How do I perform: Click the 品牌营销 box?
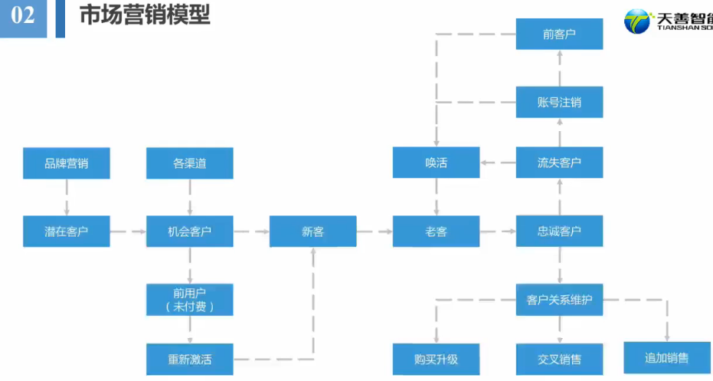tap(66, 163)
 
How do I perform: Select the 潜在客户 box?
tap(66, 231)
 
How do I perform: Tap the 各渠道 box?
tap(189, 163)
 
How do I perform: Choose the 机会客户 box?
tap(189, 231)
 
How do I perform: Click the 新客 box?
tap(312, 231)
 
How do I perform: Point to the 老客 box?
tap(436, 231)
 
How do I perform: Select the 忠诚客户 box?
tap(559, 231)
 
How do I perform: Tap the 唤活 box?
tap(436, 163)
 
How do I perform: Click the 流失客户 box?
tap(559, 163)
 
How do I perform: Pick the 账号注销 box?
tap(559, 102)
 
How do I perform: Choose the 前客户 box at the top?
tap(559, 34)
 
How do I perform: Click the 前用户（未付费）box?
tap(189, 299)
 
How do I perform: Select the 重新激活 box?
tap(189, 359)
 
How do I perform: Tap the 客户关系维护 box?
tap(559, 299)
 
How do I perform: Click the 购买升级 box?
tap(436, 359)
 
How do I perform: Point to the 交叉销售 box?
tap(559, 359)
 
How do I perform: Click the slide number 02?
tap(23, 15)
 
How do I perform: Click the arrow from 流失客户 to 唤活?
tap(498, 163)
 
